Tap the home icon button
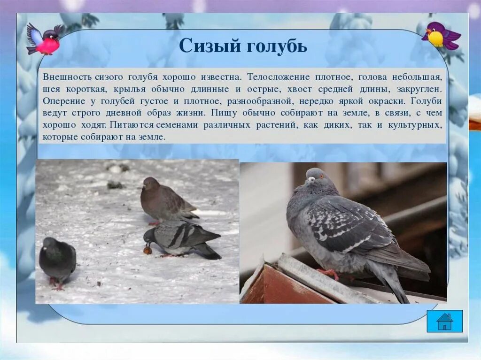444,321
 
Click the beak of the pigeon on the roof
307,179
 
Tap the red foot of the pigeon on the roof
330,273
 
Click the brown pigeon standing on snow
165,199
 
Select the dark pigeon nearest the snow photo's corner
57,260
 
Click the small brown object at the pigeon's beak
147,250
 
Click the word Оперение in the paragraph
62,101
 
